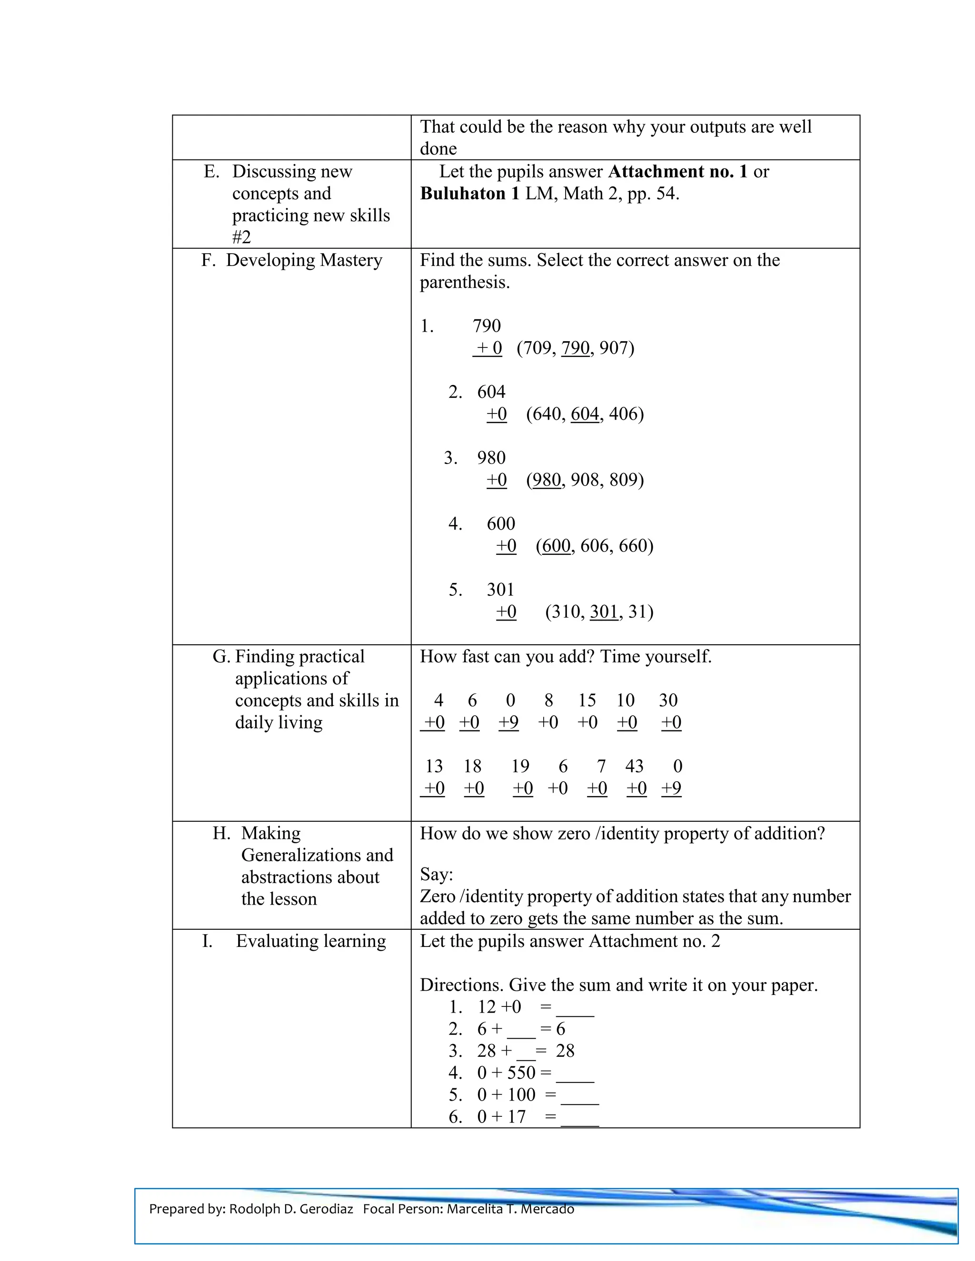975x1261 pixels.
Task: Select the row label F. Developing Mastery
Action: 292,260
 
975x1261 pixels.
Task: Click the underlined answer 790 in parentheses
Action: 575,348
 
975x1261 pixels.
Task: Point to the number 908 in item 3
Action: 585,480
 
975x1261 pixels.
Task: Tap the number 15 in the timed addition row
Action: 587,700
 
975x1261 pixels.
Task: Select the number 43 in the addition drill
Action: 634,766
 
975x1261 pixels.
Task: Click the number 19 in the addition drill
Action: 520,766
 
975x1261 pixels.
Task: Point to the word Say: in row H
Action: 436,874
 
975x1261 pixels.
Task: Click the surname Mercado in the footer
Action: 547,1209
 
